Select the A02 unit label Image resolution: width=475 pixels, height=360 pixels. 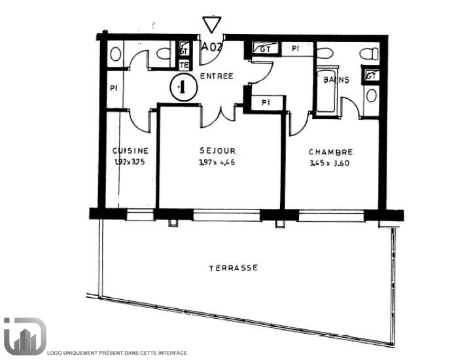coord(211,47)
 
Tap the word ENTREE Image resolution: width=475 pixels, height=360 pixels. coord(217,76)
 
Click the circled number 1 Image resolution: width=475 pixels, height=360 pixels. coord(183,87)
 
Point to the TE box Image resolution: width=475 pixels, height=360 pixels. coord(184,65)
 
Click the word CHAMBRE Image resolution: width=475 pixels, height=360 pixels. coord(330,151)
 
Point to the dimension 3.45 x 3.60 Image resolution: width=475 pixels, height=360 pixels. coord(330,164)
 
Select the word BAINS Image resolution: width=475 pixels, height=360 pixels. coord(336,80)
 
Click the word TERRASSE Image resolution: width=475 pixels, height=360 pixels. coord(233,268)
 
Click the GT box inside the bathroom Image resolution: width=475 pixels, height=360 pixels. coord(371,75)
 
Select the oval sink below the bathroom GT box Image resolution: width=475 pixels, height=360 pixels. coord(372,96)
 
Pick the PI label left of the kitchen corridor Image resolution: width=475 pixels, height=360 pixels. coord(113,86)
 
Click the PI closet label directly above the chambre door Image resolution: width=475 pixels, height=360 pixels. coord(266,103)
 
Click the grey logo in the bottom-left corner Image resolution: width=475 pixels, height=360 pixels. coord(24,336)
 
